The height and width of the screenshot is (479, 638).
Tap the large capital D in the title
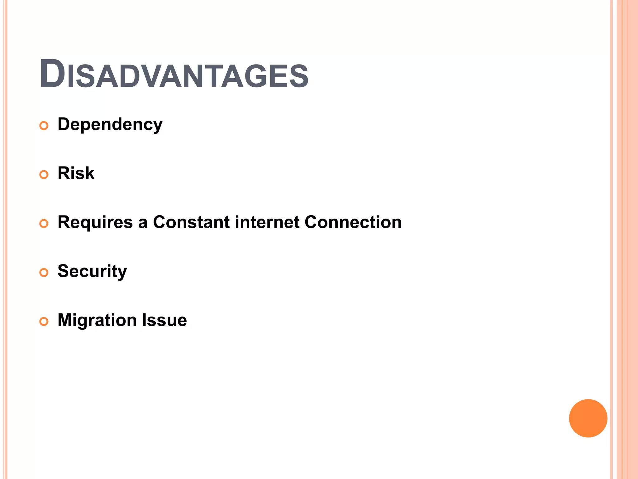click(x=52, y=74)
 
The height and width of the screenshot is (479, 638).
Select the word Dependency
click(x=110, y=125)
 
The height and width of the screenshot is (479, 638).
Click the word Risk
click(x=76, y=173)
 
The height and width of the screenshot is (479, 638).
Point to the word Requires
click(x=95, y=223)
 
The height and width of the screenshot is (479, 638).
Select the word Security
click(x=92, y=271)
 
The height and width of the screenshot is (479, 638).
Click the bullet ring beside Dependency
click(x=44, y=126)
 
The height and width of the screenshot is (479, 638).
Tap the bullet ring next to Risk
click(x=44, y=175)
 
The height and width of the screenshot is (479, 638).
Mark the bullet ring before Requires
click(x=44, y=224)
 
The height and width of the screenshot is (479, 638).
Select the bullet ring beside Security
click(x=44, y=273)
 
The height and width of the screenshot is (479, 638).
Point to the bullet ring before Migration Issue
click(x=44, y=322)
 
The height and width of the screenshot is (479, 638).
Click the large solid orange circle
click(x=588, y=418)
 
